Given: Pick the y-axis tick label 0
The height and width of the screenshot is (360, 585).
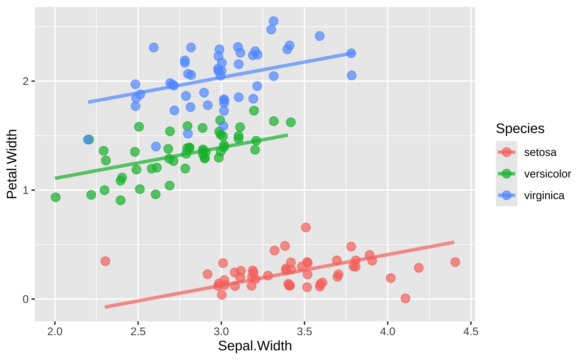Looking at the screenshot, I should point(26,299).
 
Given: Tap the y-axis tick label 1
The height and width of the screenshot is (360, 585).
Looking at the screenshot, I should point(26,190).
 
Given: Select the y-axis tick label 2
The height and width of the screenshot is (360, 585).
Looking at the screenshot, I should point(26,82).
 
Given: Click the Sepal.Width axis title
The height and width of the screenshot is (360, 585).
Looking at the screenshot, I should point(255,346).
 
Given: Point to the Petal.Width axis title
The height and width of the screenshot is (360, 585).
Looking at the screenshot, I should point(12,164).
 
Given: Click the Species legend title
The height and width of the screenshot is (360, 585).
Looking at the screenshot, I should point(520,128).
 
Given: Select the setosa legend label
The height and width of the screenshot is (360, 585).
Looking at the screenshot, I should point(540,152).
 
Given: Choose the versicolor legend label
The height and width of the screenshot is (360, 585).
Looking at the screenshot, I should point(547,174).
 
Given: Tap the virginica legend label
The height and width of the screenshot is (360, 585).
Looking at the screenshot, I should point(544,195).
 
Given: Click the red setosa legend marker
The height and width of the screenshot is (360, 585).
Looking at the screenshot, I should point(507,152).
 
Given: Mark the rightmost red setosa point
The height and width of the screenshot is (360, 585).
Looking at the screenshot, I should point(455,262).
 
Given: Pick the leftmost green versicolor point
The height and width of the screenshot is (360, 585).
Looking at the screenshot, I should point(55,197).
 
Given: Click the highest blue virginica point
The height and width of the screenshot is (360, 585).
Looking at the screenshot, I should point(273,21).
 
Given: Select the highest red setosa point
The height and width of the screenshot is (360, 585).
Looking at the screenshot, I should point(306,227).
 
